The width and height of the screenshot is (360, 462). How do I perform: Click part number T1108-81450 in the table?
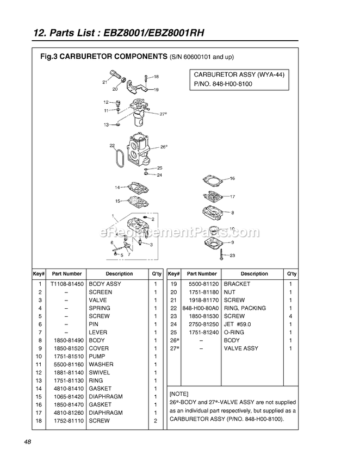point(66,284)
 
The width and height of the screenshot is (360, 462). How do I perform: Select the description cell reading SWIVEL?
point(100,373)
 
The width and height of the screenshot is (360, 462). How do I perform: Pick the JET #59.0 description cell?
point(239,324)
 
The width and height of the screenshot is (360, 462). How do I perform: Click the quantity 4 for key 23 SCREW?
point(290,316)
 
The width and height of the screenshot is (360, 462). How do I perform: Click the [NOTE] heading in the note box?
point(179,393)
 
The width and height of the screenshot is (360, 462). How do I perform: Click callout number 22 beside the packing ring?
point(112,146)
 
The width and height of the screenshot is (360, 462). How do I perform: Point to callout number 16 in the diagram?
point(232,178)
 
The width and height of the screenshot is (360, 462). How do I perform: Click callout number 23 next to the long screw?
point(232,255)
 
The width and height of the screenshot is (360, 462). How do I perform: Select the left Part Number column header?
point(66,274)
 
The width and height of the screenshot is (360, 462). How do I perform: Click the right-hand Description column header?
point(254,274)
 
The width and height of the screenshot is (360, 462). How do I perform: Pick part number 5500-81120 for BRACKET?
point(201,284)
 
